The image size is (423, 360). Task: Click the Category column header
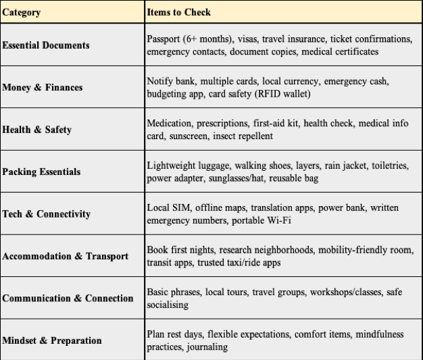(x=21, y=12)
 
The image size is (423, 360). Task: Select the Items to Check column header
(x=178, y=12)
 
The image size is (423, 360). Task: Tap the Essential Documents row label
(x=46, y=45)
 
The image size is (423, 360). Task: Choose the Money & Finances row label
(x=43, y=88)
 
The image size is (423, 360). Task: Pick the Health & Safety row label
(x=37, y=130)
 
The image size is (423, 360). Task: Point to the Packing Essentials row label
(x=42, y=172)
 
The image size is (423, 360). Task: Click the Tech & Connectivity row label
(x=47, y=214)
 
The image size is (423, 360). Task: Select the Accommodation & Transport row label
(x=66, y=257)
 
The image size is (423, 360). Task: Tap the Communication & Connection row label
(x=68, y=299)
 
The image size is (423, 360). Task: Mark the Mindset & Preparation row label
(x=52, y=340)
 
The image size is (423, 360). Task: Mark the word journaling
(x=209, y=347)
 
